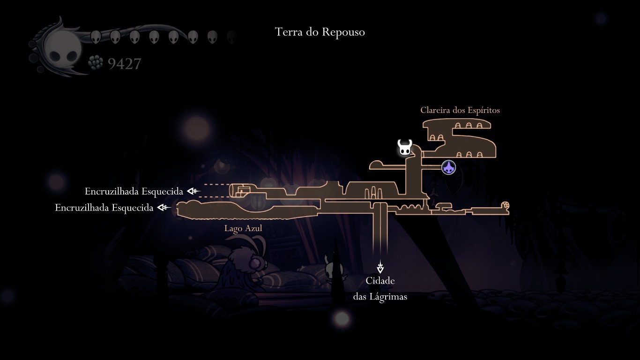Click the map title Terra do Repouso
(320, 32)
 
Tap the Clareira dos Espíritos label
(460, 110)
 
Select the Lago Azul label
(243, 228)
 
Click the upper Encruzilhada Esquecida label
(134, 191)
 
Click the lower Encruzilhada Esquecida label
(104, 208)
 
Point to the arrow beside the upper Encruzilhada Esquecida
(193, 191)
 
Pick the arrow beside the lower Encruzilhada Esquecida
(164, 207)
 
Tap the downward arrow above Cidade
(380, 268)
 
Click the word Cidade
(380, 281)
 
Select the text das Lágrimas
(380, 297)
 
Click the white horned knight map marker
(404, 148)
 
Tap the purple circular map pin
(448, 167)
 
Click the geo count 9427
(124, 64)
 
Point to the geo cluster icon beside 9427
(96, 63)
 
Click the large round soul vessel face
(62, 48)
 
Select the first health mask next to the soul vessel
(96, 37)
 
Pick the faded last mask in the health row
(232, 37)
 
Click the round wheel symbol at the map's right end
(505, 205)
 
